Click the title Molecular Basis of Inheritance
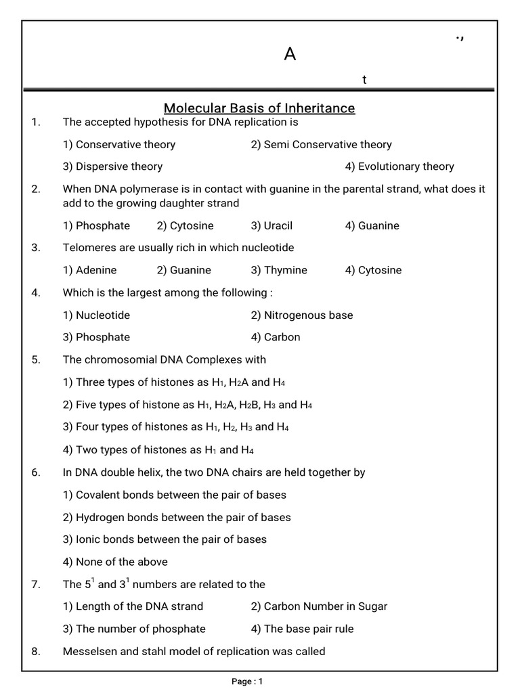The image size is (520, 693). [259, 108]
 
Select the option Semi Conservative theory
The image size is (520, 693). [321, 144]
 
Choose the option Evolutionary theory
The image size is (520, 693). [399, 166]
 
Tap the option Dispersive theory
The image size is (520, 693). [112, 166]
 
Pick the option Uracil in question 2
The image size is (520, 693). [272, 226]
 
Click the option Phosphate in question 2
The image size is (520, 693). [96, 226]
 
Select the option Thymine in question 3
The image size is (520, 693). [279, 270]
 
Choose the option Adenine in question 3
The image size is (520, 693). [89, 270]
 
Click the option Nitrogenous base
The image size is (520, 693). [301, 315]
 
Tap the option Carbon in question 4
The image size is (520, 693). [275, 337]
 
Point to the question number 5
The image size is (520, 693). [36, 360]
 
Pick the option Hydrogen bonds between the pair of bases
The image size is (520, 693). [177, 518]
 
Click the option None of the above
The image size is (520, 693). [115, 562]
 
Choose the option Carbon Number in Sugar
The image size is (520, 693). [319, 606]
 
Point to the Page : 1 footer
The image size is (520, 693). [246, 681]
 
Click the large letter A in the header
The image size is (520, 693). [290, 54]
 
